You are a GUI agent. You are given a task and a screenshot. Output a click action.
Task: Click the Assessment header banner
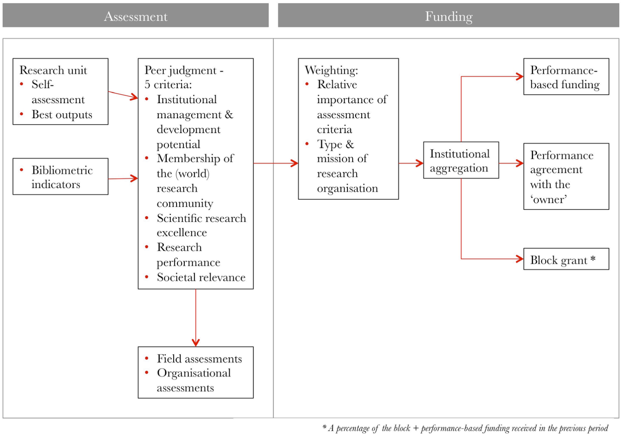(135, 16)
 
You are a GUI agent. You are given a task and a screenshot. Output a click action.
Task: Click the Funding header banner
(448, 16)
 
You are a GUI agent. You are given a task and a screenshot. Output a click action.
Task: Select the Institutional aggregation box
(461, 160)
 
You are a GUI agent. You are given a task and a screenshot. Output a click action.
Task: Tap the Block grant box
(566, 259)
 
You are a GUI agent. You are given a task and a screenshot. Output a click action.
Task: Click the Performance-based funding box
(566, 77)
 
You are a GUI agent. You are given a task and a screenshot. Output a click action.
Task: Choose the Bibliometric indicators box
(61, 177)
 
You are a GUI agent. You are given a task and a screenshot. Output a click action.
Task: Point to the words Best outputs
(62, 115)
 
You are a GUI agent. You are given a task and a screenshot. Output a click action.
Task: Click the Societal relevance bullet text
(201, 277)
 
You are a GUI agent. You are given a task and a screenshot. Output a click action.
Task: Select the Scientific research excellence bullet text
(201, 225)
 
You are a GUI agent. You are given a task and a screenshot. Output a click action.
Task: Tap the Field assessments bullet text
(199, 359)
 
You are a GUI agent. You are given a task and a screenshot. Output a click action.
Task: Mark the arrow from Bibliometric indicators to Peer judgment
(123, 178)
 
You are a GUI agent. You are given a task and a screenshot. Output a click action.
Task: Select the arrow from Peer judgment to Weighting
(276, 163)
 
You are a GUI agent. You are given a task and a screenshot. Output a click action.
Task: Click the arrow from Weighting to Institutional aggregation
(411, 163)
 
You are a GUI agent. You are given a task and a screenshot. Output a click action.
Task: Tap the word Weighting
(331, 70)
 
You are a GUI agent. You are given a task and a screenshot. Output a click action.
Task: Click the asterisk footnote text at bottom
(466, 428)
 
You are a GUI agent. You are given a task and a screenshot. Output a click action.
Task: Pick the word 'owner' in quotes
(549, 199)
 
